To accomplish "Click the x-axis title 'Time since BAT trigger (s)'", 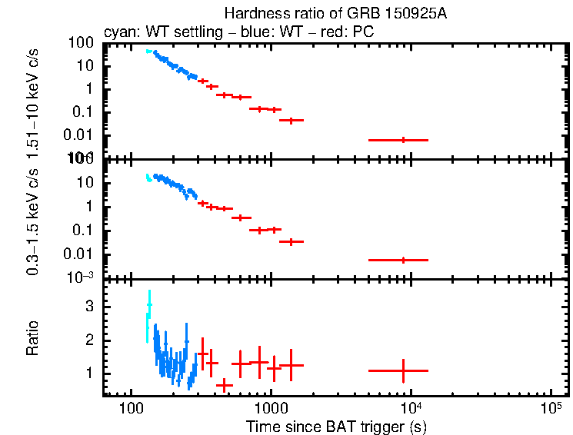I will (336, 426).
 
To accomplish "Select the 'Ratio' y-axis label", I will (32, 339).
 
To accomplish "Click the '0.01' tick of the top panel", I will (81, 135).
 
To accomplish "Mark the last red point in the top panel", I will (403, 140).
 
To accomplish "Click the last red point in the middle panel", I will (403, 260).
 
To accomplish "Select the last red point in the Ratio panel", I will (403, 370).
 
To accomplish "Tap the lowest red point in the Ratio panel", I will (224, 384).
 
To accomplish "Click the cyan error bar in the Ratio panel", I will (148, 315).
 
